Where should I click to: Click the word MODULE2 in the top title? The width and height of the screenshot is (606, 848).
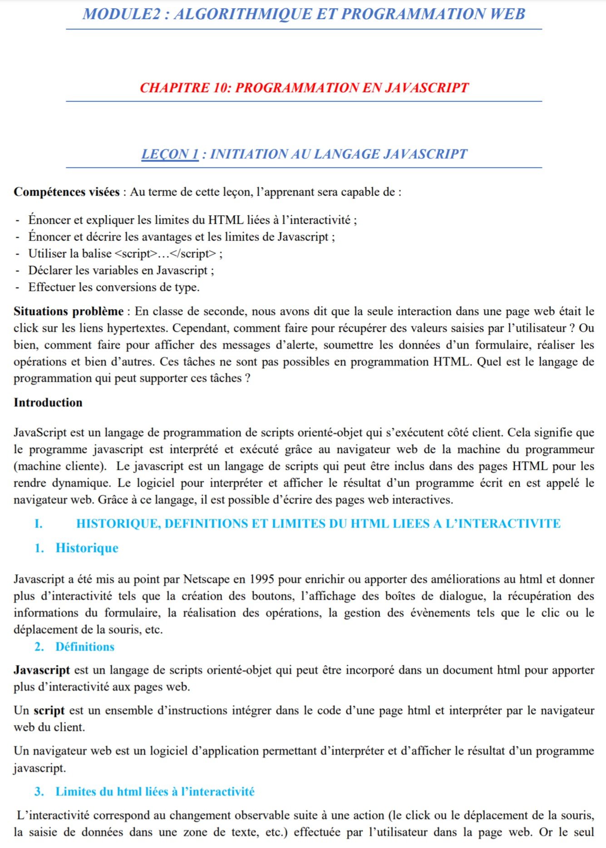pos(122,14)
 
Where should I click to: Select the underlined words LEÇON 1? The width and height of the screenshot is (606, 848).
pos(170,154)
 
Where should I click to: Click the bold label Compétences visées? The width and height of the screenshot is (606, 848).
pos(67,192)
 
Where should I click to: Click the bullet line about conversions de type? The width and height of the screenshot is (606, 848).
pos(113,287)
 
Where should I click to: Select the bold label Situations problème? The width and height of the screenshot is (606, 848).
pos(69,311)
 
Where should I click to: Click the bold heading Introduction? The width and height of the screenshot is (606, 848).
pos(48,403)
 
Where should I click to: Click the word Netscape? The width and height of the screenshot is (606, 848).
pos(207,579)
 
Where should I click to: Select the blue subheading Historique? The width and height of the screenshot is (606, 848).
pos(87,548)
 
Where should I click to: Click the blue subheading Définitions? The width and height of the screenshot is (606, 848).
pos(85,647)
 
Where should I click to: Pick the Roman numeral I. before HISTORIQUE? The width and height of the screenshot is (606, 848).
pos(39,524)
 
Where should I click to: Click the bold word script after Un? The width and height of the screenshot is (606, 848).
pos(49,710)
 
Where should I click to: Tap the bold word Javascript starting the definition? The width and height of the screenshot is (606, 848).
pos(42,671)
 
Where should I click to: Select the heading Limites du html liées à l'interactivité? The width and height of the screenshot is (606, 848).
pos(155,792)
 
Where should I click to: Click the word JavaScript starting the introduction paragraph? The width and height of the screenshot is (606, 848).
pos(40,433)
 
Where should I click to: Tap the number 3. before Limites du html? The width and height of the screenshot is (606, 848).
pos(39,792)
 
